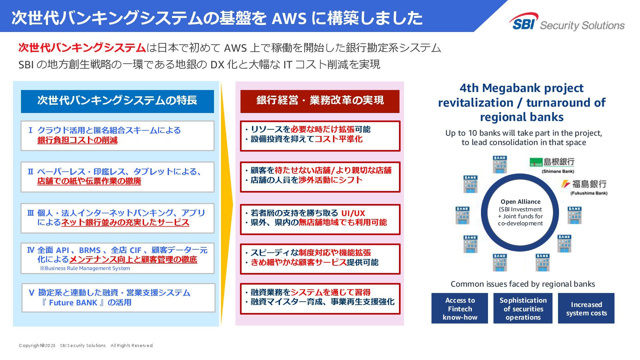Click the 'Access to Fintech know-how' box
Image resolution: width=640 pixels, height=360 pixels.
[x=460, y=308]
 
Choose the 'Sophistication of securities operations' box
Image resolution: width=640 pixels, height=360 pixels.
[x=523, y=308]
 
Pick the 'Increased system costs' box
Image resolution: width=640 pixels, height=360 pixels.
[x=586, y=308]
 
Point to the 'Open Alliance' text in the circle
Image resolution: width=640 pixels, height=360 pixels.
[x=520, y=202]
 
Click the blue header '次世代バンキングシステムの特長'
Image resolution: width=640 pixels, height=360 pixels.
[x=117, y=101]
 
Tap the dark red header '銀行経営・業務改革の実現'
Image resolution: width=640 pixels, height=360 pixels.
[x=320, y=101]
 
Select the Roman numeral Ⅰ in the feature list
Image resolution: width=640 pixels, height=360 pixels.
[x=30, y=130]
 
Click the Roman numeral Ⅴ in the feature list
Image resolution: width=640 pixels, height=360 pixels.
[x=31, y=293]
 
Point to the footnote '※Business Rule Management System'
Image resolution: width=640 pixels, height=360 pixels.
[x=85, y=268]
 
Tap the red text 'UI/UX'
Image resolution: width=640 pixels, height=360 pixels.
[x=353, y=213]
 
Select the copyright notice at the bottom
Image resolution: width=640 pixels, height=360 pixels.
[x=86, y=346]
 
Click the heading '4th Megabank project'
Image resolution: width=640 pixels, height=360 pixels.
[x=521, y=88]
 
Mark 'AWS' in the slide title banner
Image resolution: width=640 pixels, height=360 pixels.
[x=289, y=18]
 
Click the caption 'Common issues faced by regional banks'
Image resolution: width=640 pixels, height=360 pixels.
[x=523, y=284]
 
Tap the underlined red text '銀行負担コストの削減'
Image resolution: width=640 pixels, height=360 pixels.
[x=77, y=140]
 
